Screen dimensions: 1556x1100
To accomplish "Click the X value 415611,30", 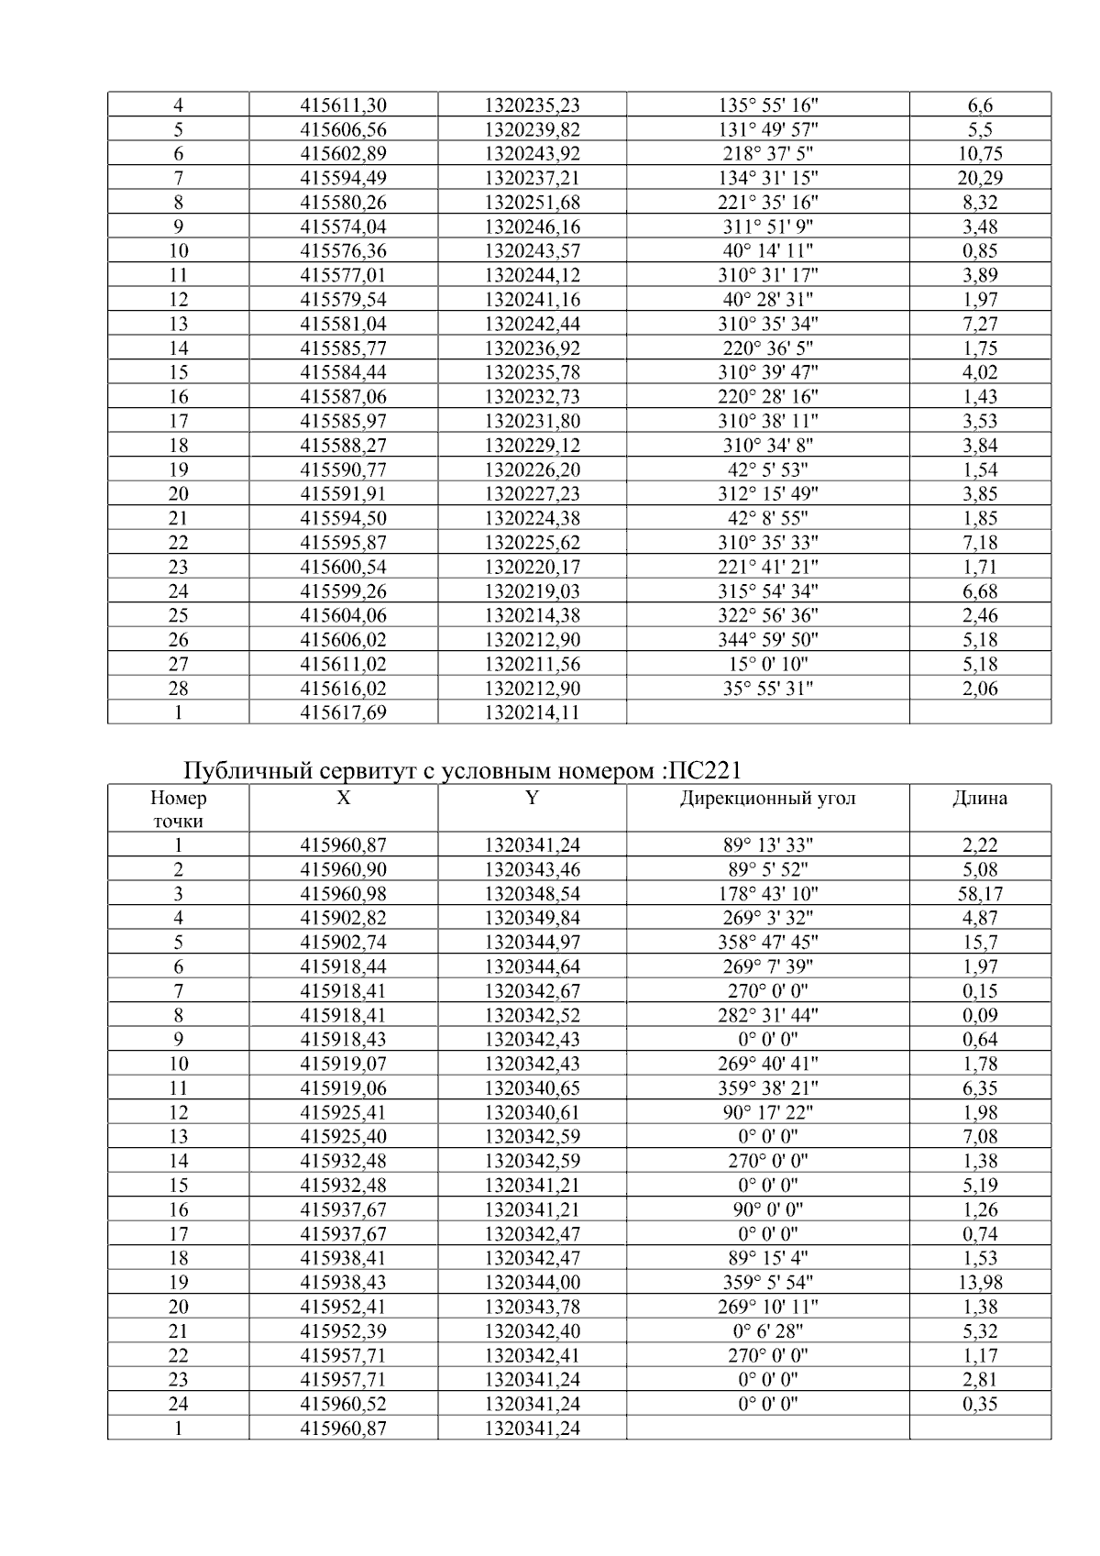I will pyautogui.click(x=344, y=105).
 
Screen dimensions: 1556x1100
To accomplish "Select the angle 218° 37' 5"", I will pyautogui.click(x=767, y=154).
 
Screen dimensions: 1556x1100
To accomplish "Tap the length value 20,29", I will pyautogui.click(x=980, y=178).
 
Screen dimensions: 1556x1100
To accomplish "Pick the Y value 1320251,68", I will pyautogui.click(x=532, y=203).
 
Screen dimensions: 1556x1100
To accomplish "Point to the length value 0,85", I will pyautogui.click(x=980, y=251).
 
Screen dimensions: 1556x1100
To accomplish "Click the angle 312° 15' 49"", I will pyautogui.click(x=767, y=494).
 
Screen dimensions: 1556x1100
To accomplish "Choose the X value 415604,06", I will pyautogui.click(x=344, y=615).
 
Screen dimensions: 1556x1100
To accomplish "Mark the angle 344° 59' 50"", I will pyautogui.click(x=767, y=640).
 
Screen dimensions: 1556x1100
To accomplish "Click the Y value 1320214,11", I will pyautogui.click(x=532, y=712).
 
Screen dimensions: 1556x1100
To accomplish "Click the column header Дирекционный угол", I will pyautogui.click(x=767, y=799).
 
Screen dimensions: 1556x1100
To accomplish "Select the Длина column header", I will pyautogui.click(x=980, y=799).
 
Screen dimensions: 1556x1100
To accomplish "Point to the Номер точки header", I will pyautogui.click(x=178, y=810).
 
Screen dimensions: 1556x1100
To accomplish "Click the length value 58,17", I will pyautogui.click(x=980, y=894).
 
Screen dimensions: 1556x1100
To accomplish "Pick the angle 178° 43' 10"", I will pyautogui.click(x=767, y=894).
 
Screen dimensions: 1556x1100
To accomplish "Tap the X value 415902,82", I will pyautogui.click(x=344, y=918).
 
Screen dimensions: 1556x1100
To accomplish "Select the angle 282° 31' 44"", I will pyautogui.click(x=767, y=1015).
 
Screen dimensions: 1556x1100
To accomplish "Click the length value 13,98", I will pyautogui.click(x=980, y=1283).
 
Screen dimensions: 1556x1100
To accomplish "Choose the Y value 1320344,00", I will pyautogui.click(x=532, y=1283).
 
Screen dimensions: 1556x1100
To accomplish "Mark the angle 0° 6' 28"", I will pyautogui.click(x=767, y=1331).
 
